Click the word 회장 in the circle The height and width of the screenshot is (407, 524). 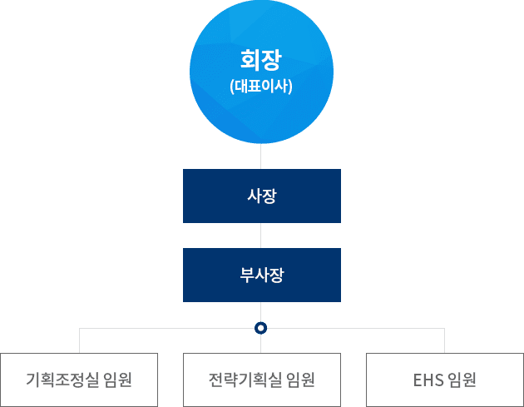(x=261, y=60)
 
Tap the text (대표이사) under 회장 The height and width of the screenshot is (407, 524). (x=261, y=85)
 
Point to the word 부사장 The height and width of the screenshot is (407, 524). (x=261, y=275)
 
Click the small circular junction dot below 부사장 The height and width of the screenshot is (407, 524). (x=261, y=328)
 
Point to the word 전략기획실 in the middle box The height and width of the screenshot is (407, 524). (x=246, y=380)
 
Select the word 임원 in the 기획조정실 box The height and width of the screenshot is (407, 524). (x=119, y=380)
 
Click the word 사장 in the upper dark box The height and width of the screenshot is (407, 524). (x=261, y=196)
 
